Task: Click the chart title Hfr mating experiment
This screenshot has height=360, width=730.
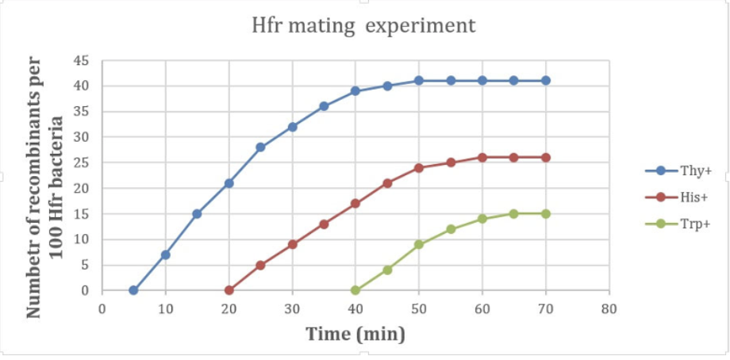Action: pos(363,25)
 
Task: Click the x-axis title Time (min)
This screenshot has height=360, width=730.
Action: pos(355,334)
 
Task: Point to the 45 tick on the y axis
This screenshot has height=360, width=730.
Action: pos(83,60)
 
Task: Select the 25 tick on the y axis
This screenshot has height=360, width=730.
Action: pos(83,163)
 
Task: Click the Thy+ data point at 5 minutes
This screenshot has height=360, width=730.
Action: pos(133,290)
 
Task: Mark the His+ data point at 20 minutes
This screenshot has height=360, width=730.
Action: pos(229,290)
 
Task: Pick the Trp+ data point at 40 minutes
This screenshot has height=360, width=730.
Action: pos(355,290)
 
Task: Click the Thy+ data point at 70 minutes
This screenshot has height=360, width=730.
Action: pos(546,81)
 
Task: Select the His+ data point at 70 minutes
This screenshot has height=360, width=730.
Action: pos(546,157)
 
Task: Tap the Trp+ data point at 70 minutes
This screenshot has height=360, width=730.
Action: pos(546,213)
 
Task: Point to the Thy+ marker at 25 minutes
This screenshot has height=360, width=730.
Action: pos(260,147)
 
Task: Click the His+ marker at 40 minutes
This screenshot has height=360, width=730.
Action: pos(355,204)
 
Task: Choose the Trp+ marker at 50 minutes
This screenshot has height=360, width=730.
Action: pos(419,244)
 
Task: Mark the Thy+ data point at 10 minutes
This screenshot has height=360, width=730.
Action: pos(165,255)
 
